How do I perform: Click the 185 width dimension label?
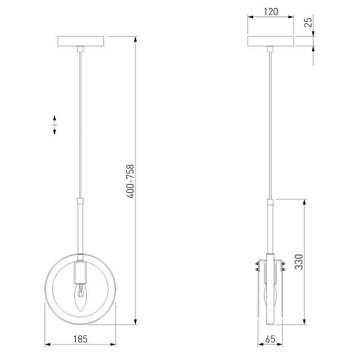click(x=81, y=339)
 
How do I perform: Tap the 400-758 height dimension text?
click(x=130, y=181)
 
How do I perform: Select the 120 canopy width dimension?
click(x=271, y=11)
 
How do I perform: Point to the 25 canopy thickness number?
click(x=309, y=22)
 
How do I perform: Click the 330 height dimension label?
click(x=299, y=262)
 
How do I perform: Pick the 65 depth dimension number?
click(x=270, y=339)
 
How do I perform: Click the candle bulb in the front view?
click(x=81, y=297)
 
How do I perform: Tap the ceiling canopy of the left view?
click(x=81, y=41)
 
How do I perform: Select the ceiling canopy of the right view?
click(x=271, y=41)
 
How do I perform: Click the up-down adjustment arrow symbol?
click(x=54, y=125)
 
